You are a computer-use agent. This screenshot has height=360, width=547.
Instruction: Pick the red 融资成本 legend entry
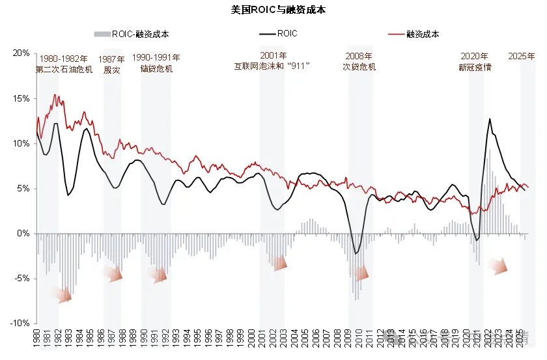pyautogui.click(x=417, y=34)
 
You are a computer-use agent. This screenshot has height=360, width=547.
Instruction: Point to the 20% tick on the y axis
pyautogui.click(x=21, y=53)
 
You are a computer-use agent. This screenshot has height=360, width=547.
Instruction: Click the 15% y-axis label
pyautogui.click(x=21, y=98)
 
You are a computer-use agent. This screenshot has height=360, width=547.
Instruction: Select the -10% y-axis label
pyautogui.click(x=20, y=324)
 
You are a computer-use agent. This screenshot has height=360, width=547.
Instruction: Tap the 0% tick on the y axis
pyautogui.click(x=23, y=234)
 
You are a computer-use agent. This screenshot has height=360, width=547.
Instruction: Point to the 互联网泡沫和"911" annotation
pyautogui.click(x=272, y=66)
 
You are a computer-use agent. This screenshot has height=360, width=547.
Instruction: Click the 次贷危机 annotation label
pyautogui.click(x=359, y=66)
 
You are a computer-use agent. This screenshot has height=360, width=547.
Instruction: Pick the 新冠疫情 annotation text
pyautogui.click(x=475, y=67)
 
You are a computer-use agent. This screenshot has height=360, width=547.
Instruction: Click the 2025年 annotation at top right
pyautogui.click(x=522, y=57)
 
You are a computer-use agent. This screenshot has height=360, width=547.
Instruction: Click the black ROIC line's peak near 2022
pyautogui.click(x=490, y=119)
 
